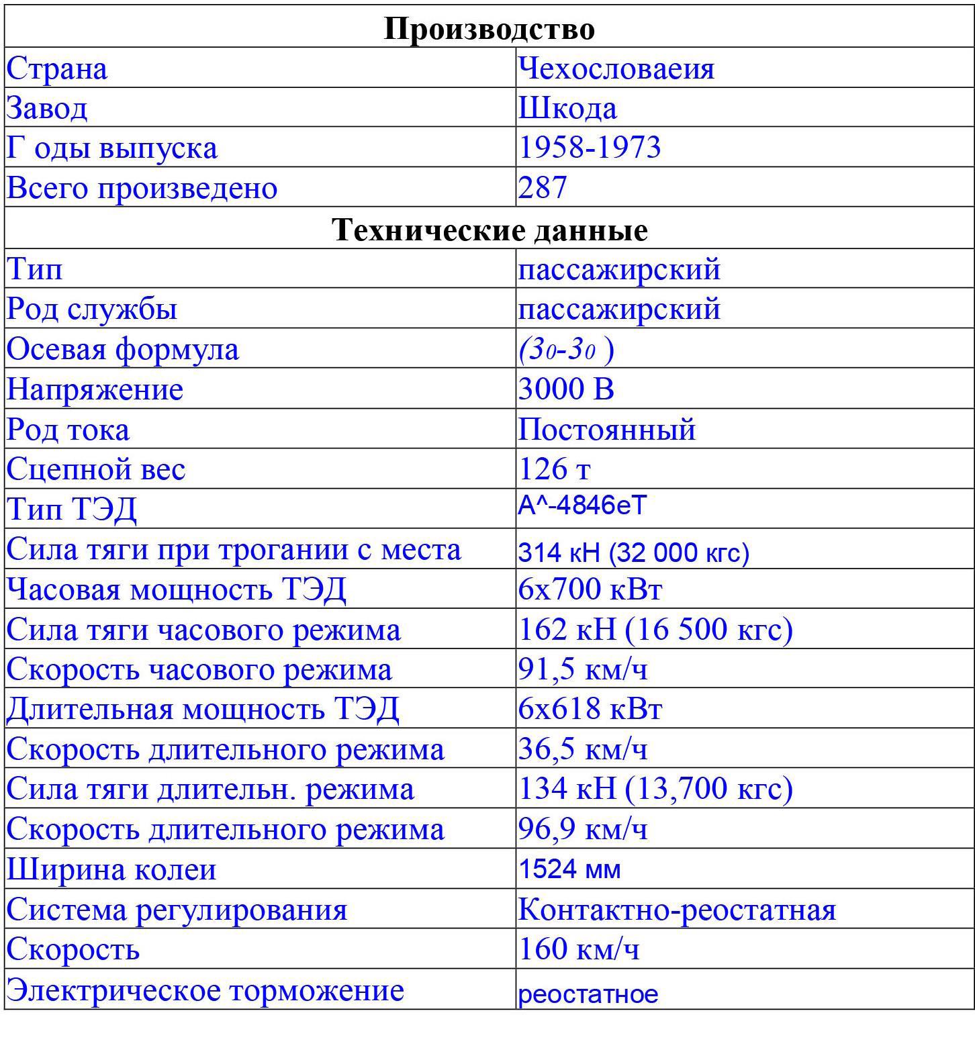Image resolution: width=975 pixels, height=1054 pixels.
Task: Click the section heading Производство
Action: (489, 29)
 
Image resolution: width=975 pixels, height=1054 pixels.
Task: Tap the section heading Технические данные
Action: (490, 230)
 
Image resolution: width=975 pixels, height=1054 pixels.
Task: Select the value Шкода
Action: (567, 108)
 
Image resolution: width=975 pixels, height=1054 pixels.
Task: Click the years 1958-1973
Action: (590, 148)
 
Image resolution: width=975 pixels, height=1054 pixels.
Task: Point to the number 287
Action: (543, 187)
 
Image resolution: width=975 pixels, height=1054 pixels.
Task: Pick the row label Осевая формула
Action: (123, 349)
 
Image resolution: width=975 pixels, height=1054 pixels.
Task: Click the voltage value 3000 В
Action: (566, 389)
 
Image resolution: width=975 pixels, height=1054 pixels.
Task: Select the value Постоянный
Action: (606, 429)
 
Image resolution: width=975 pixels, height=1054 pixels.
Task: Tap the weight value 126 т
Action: (554, 469)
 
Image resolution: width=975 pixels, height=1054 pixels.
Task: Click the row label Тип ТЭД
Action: (71, 509)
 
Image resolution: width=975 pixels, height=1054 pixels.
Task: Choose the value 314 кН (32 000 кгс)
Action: (633, 553)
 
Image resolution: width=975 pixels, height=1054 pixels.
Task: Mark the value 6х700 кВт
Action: (590, 589)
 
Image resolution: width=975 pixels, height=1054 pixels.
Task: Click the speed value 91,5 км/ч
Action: (583, 669)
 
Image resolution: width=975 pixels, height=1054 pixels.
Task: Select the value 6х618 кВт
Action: (590, 709)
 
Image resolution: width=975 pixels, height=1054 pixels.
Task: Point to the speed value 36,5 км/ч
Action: (583, 749)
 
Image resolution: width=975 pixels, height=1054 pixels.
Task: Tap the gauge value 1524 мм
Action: (569, 869)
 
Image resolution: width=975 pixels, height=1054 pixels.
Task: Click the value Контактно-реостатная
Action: (677, 910)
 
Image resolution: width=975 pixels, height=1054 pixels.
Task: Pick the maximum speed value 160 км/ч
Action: (578, 949)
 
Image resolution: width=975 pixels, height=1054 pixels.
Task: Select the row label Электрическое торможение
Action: (205, 990)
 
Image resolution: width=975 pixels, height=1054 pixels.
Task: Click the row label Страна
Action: (56, 68)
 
